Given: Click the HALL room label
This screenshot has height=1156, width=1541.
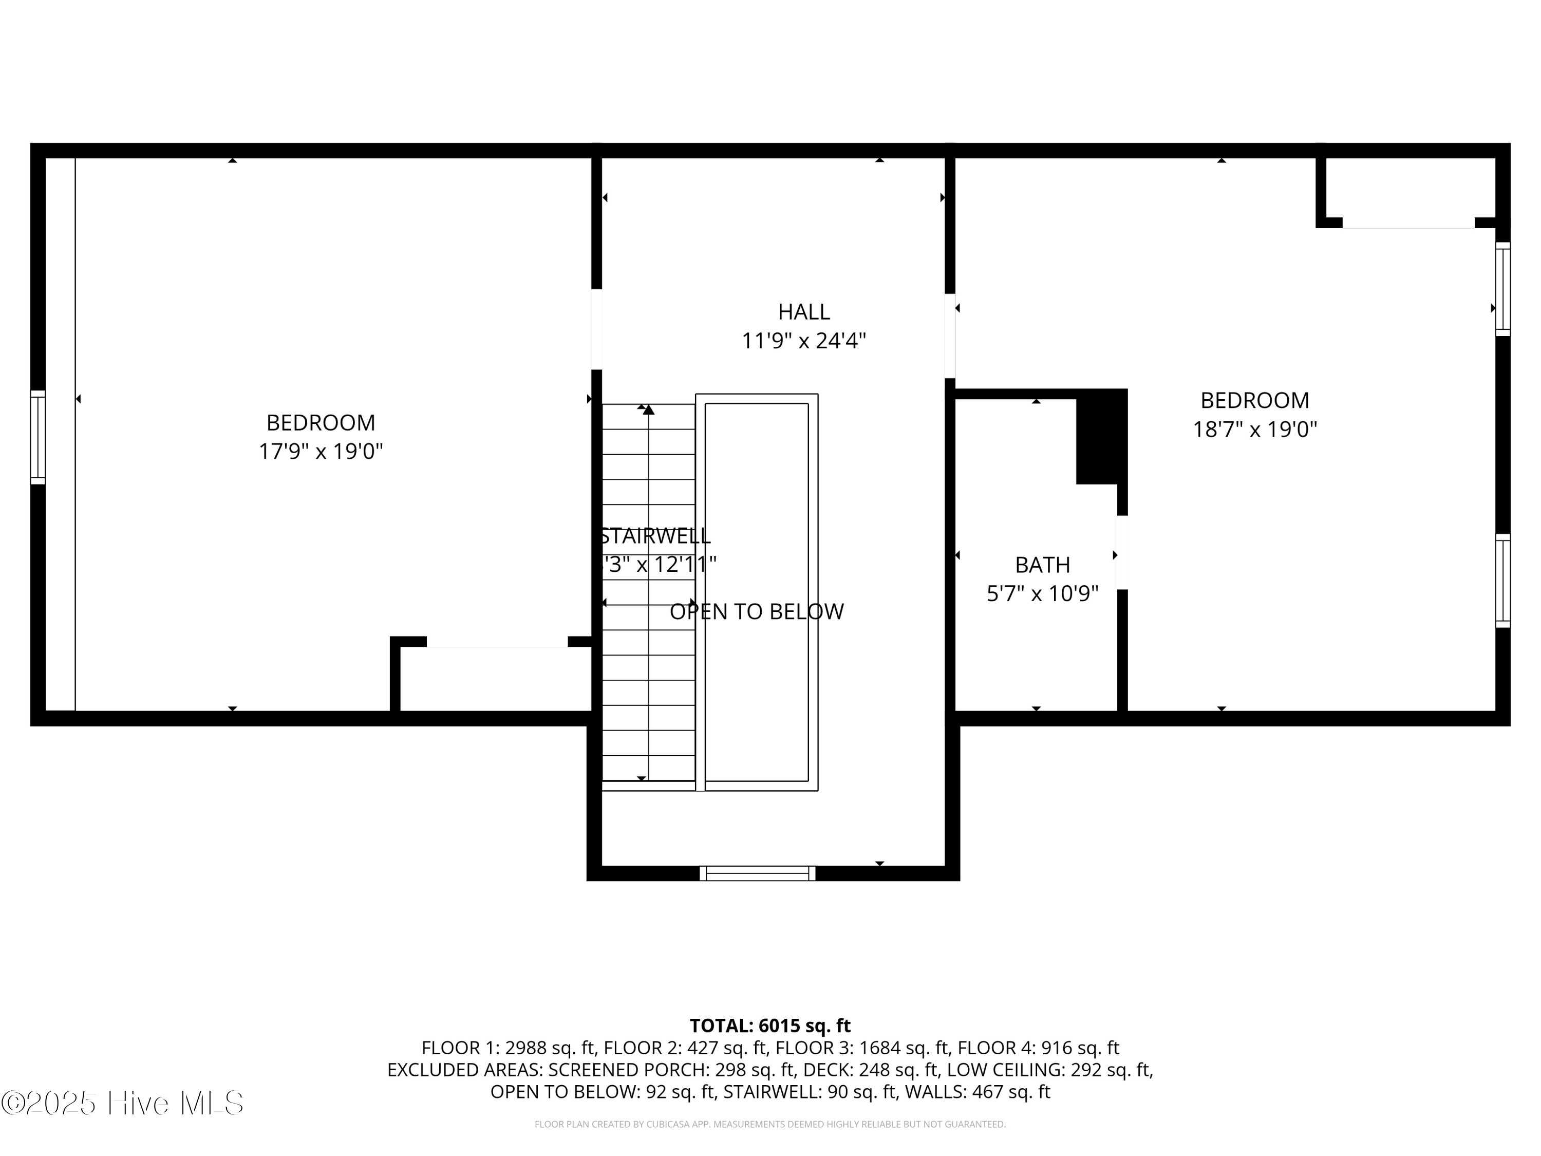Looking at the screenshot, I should click(803, 311).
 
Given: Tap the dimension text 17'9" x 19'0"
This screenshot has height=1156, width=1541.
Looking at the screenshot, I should click(321, 452).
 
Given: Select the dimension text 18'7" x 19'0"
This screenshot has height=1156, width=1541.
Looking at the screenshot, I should click(1255, 429).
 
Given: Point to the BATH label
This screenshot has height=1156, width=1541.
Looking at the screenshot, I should click(1042, 565).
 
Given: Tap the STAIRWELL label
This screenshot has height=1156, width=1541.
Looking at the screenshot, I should click(655, 536).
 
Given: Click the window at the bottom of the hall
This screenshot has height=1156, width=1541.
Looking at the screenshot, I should click(757, 873).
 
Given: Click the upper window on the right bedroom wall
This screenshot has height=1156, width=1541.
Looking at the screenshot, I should click(1502, 288).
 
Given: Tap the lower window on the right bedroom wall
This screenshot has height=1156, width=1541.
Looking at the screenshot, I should click(1502, 581).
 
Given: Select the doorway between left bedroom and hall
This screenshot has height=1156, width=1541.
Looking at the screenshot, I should click(596, 329).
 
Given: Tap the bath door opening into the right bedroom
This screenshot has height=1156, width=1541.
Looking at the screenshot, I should click(1122, 552).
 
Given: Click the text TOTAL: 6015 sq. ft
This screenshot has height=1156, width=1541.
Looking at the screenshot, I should click(770, 1026).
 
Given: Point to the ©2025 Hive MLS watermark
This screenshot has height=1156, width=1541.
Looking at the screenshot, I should click(123, 1103).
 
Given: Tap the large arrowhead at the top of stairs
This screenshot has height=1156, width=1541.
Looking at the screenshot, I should click(649, 409).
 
